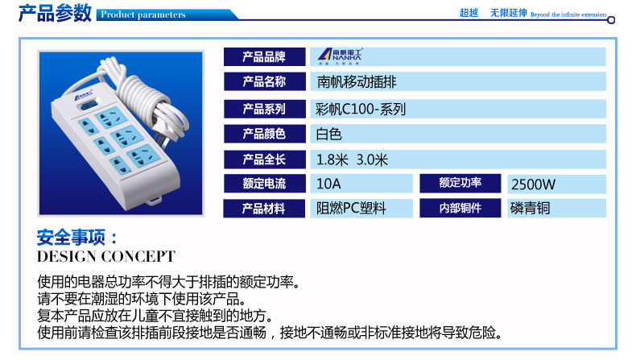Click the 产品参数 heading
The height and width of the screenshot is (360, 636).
[55, 13]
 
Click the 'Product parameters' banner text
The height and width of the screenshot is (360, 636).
[142, 14]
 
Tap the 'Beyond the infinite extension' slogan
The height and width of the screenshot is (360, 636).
[568, 14]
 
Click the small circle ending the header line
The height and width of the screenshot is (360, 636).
[611, 19]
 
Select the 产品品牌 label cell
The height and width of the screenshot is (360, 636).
[264, 57]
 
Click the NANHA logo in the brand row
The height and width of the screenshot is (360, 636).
[340, 56]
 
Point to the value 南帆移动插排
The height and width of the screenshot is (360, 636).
[357, 82]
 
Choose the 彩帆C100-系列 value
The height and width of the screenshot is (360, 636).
[361, 110]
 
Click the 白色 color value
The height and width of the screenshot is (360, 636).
[329, 134]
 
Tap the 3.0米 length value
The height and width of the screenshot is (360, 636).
[372, 159]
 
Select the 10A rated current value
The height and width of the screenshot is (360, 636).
[328, 184]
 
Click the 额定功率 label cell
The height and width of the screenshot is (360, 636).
[460, 184]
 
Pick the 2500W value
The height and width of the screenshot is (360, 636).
[533, 184]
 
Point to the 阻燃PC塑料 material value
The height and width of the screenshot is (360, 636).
[351, 209]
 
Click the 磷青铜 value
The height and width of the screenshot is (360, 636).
[530, 209]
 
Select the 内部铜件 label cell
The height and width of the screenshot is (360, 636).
[460, 209]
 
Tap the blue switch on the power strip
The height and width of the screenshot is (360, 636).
[89, 106]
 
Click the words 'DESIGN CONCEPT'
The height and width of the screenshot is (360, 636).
[106, 256]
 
